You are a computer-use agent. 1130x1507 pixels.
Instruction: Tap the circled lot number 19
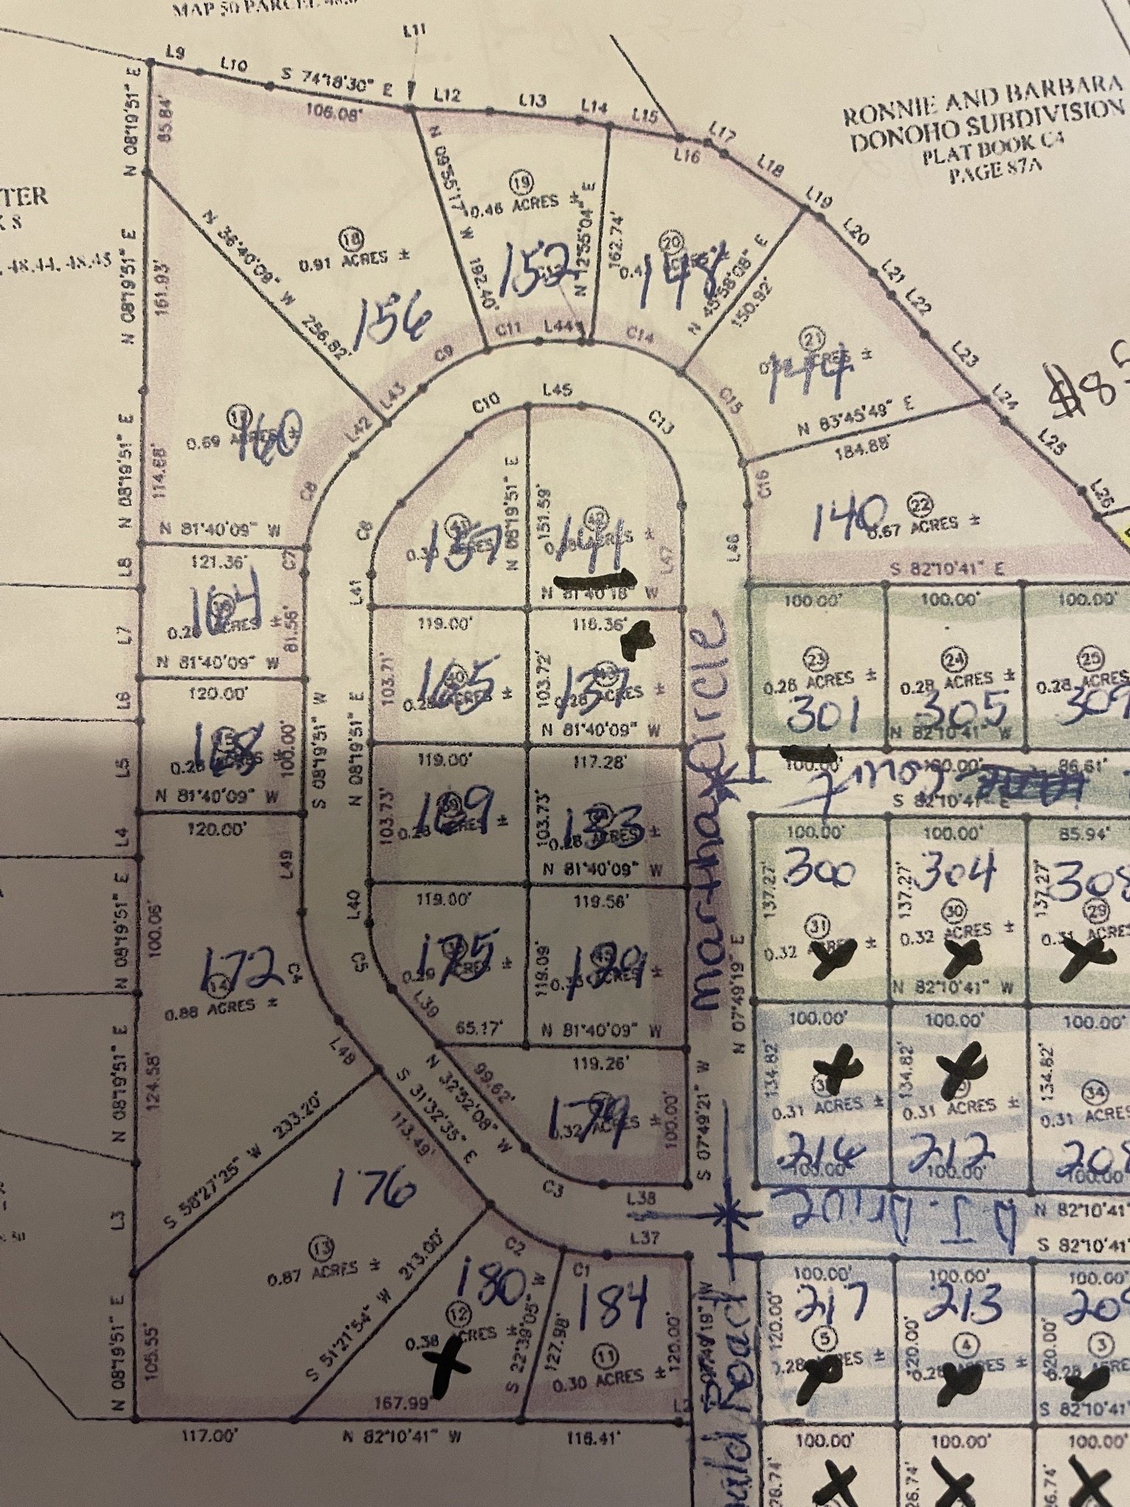click(522, 181)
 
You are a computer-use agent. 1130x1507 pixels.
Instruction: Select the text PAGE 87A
click(986, 171)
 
